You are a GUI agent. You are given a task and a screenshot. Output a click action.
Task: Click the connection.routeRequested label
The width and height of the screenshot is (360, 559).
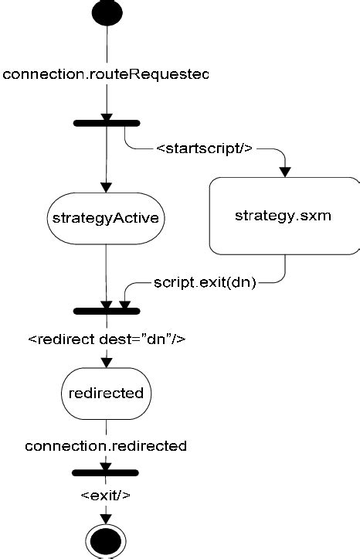pyautogui.click(x=106, y=74)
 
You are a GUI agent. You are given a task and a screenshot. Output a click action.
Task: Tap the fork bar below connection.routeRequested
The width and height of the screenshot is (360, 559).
pyautogui.click(x=106, y=122)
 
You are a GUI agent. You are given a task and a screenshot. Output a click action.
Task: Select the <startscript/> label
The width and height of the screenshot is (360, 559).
pyautogui.click(x=205, y=148)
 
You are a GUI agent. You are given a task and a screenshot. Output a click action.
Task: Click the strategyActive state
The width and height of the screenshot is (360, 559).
pyautogui.click(x=106, y=217)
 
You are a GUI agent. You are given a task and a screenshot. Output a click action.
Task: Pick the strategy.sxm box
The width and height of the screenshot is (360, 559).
pyautogui.click(x=283, y=215)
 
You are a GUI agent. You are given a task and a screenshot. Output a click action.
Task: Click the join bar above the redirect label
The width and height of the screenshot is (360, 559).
pyautogui.click(x=106, y=311)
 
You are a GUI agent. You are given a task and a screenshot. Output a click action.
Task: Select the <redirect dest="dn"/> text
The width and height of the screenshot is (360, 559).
pyautogui.click(x=107, y=339)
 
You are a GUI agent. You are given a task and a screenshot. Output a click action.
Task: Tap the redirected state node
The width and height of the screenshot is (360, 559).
pyautogui.click(x=106, y=393)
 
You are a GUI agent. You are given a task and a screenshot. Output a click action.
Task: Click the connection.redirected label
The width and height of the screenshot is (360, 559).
pyautogui.click(x=106, y=446)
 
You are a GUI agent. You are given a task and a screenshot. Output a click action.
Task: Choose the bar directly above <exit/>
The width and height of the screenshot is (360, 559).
pyautogui.click(x=106, y=472)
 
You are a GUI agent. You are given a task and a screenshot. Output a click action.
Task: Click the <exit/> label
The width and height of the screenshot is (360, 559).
pyautogui.click(x=106, y=495)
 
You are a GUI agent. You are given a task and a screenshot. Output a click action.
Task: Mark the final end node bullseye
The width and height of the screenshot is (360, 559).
pyautogui.click(x=106, y=542)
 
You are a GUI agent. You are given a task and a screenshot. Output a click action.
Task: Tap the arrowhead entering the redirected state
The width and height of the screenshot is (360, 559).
pyautogui.click(x=106, y=363)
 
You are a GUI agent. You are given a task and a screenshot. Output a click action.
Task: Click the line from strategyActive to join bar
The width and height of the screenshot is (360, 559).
pyautogui.click(x=106, y=274)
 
